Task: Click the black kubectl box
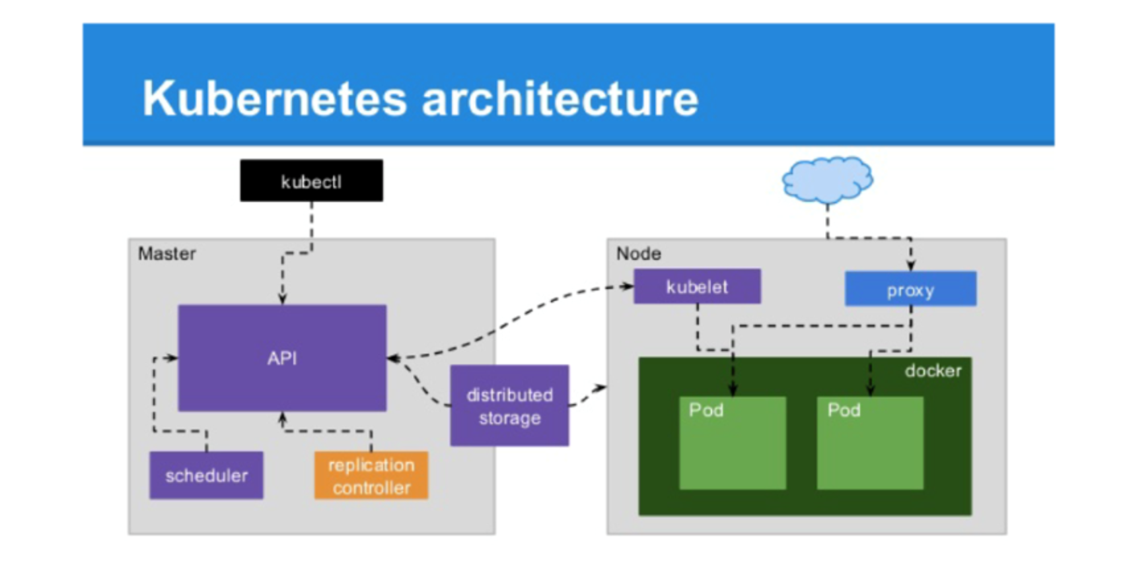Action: tap(311, 181)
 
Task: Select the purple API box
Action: tap(282, 358)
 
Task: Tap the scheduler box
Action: tap(206, 475)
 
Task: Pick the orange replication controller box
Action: tap(371, 475)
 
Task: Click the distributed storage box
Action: tap(509, 405)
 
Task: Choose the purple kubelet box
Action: tap(697, 286)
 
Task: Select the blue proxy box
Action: tap(910, 288)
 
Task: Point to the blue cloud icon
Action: tap(827, 180)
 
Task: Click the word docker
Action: tap(933, 371)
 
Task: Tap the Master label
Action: tap(167, 253)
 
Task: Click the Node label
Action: tap(638, 253)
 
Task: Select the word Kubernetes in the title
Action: tap(274, 98)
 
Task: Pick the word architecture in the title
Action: tap(560, 98)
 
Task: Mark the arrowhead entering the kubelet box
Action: tap(627, 286)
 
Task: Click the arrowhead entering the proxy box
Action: tap(911, 265)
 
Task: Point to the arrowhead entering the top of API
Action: tap(282, 298)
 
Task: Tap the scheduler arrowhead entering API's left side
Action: tap(172, 358)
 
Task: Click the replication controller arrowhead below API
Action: tap(282, 418)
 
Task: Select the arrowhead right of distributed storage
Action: tap(600, 387)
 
